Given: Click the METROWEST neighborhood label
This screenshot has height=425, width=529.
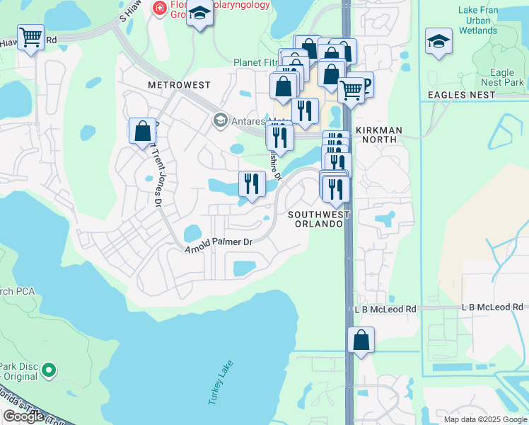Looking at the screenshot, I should [179, 85].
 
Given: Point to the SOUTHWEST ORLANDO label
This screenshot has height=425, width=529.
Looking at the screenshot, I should [318, 219].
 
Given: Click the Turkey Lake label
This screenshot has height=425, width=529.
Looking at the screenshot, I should [220, 383].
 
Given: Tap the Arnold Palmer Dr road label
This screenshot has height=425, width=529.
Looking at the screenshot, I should [219, 245].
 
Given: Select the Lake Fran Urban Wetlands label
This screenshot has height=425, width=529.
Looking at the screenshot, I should [478, 21].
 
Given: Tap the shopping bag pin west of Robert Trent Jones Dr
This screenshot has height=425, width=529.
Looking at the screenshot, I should [142, 131].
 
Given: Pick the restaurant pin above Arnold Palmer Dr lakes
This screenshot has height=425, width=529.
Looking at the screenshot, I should [252, 184].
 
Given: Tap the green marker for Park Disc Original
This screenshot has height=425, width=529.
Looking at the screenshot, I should [49, 369].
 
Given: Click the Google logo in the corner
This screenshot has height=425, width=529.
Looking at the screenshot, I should [23, 416].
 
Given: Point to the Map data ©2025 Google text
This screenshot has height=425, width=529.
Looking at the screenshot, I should [484, 419].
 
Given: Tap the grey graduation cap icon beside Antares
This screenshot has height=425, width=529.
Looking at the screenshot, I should [220, 120].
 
